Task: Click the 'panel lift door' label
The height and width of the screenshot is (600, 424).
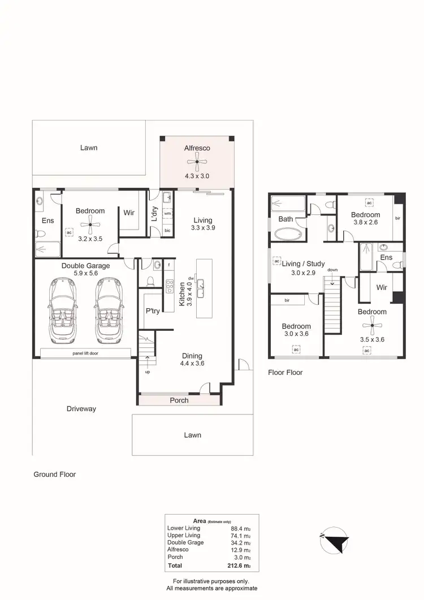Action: coord(85,353)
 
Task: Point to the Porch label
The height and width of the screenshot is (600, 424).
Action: coord(179,400)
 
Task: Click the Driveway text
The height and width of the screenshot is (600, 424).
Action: coord(81,408)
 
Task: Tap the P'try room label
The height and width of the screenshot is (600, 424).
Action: coord(152,310)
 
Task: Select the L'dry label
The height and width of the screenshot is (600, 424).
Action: coord(154,214)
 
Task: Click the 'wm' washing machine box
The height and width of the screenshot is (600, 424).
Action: coord(167,214)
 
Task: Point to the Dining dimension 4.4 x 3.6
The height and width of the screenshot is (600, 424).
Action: coord(192,364)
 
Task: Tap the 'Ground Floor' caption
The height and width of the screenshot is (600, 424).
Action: coord(54,474)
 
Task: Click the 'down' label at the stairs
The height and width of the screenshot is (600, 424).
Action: coord(332,270)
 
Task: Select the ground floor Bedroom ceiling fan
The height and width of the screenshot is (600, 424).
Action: coord(90,225)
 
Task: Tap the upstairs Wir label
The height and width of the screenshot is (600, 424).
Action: coord(382,287)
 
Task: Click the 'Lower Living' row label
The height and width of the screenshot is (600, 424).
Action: coord(184,528)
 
